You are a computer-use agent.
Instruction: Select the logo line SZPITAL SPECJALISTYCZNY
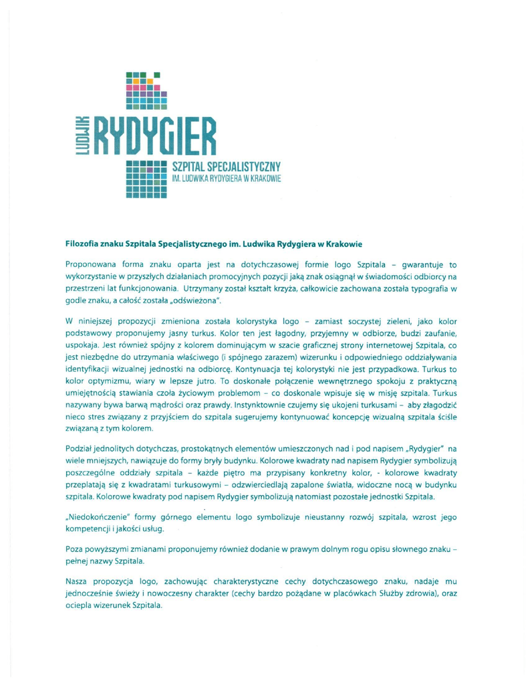[229, 165]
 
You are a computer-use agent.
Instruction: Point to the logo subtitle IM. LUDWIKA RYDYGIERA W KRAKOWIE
[229, 179]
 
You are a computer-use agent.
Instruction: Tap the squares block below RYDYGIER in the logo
[146, 177]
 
